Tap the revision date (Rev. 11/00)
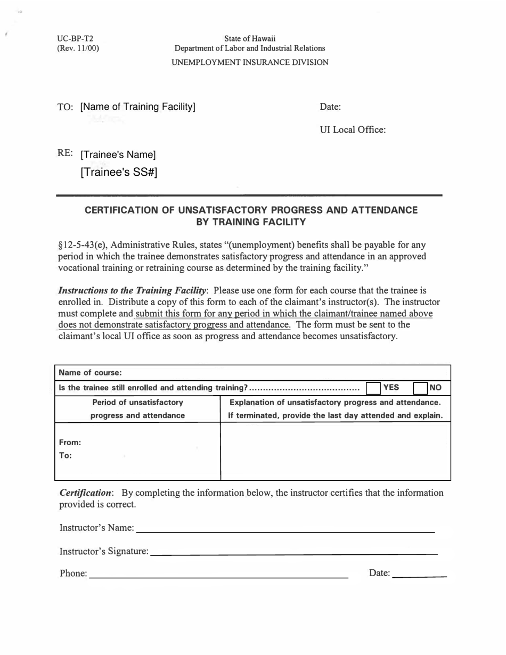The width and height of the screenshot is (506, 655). [78, 48]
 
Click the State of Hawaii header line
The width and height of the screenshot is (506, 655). [250, 38]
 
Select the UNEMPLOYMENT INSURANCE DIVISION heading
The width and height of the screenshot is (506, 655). [250, 62]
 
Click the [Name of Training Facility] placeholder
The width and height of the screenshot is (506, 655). [138, 107]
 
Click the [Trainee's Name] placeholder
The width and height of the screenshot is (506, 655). [118, 155]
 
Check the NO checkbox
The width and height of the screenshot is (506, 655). [421, 388]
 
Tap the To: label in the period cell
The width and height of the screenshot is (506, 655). [66, 455]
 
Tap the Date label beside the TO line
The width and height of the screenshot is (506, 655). [330, 107]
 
